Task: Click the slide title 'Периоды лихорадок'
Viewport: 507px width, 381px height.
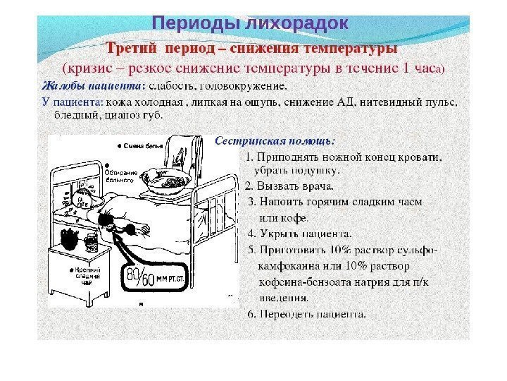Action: tap(251, 24)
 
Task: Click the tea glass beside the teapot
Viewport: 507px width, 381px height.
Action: tap(91, 242)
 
